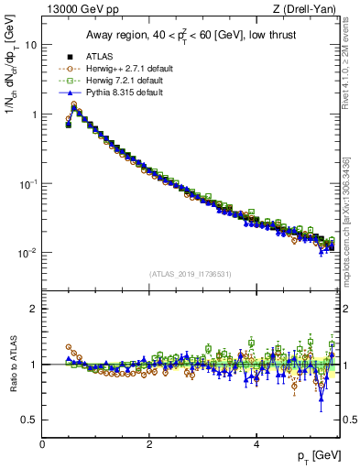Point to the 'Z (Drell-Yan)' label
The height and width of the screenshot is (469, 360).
tap(310, 9)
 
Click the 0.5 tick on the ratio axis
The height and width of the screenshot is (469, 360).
tap(29, 420)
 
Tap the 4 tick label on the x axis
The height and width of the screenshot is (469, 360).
tap(256, 444)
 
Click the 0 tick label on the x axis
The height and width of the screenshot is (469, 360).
tap(42, 444)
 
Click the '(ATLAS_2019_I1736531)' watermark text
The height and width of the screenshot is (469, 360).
tap(189, 274)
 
